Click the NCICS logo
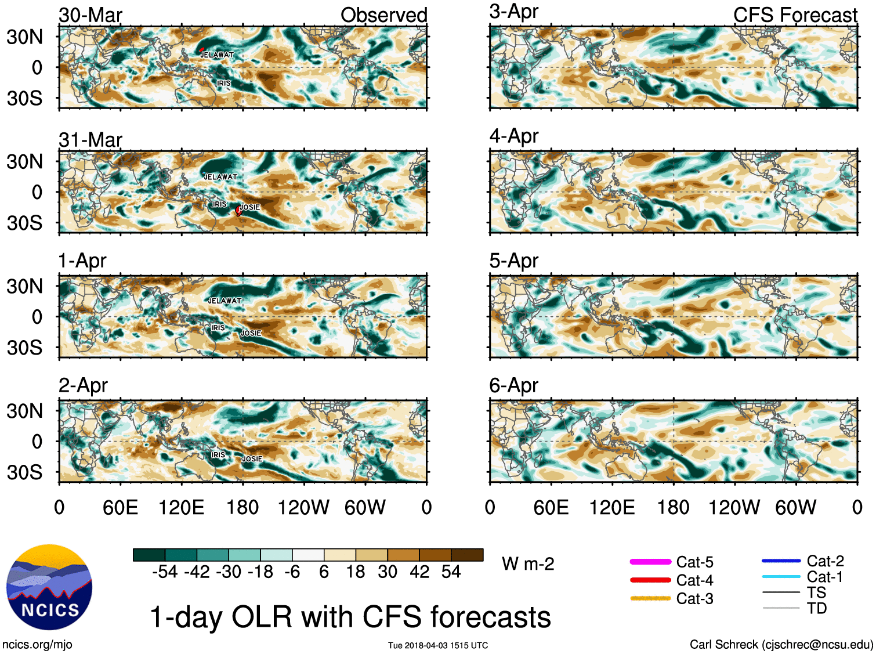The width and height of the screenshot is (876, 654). [x=49, y=587]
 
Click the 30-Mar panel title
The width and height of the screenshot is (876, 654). [x=91, y=15]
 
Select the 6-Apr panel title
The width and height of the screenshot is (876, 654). [x=514, y=385]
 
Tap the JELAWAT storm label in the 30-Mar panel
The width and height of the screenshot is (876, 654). [x=218, y=55]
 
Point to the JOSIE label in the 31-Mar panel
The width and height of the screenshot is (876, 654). [x=250, y=207]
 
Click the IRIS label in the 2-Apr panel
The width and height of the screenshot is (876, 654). [x=219, y=455]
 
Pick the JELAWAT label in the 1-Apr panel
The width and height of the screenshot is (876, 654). [x=225, y=301]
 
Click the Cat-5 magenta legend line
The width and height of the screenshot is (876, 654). [x=650, y=562]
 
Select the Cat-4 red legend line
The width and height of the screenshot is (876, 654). [x=650, y=580]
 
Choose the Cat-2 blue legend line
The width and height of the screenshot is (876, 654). [x=781, y=561]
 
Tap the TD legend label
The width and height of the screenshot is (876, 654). [x=816, y=608]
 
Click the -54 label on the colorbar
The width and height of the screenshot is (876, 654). [x=165, y=572]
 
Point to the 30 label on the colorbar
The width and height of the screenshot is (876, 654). [x=388, y=572]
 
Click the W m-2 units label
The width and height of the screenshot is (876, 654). [x=528, y=564]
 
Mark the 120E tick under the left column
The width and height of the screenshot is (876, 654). [x=182, y=508]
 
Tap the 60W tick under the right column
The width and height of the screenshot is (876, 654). [x=795, y=508]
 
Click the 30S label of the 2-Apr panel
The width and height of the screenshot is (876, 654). [x=25, y=472]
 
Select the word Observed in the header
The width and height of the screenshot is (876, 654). [x=384, y=15]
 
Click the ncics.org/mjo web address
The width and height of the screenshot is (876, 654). [x=37, y=644]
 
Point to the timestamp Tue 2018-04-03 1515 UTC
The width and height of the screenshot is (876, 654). [x=438, y=645]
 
